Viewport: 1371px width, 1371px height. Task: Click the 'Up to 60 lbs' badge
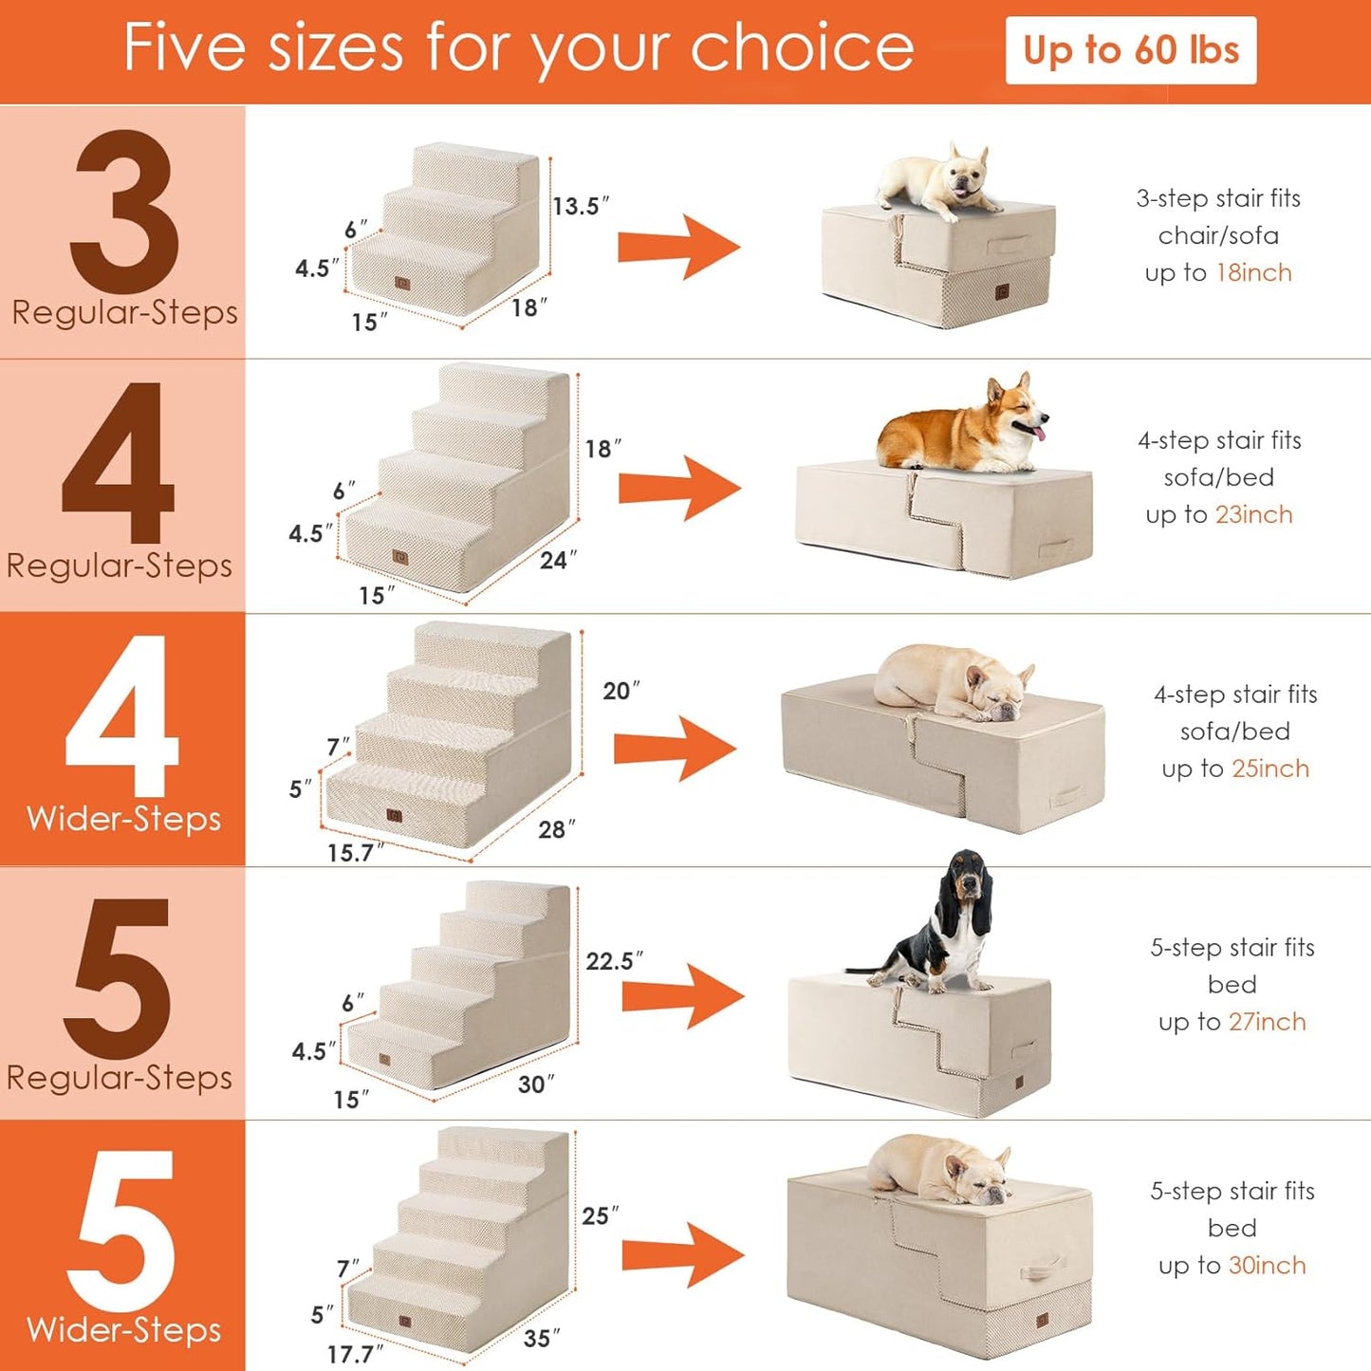tap(1130, 50)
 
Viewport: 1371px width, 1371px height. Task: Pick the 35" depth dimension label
tap(542, 1338)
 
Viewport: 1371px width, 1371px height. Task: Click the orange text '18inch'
tap(1253, 273)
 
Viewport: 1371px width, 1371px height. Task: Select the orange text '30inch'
tap(1267, 1266)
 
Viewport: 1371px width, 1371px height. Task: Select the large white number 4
tap(121, 716)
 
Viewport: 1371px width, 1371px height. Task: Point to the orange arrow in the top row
tap(678, 248)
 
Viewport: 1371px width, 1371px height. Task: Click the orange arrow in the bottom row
tap(682, 1255)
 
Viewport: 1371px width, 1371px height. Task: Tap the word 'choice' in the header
tap(802, 47)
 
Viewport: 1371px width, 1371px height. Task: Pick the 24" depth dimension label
tap(558, 560)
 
